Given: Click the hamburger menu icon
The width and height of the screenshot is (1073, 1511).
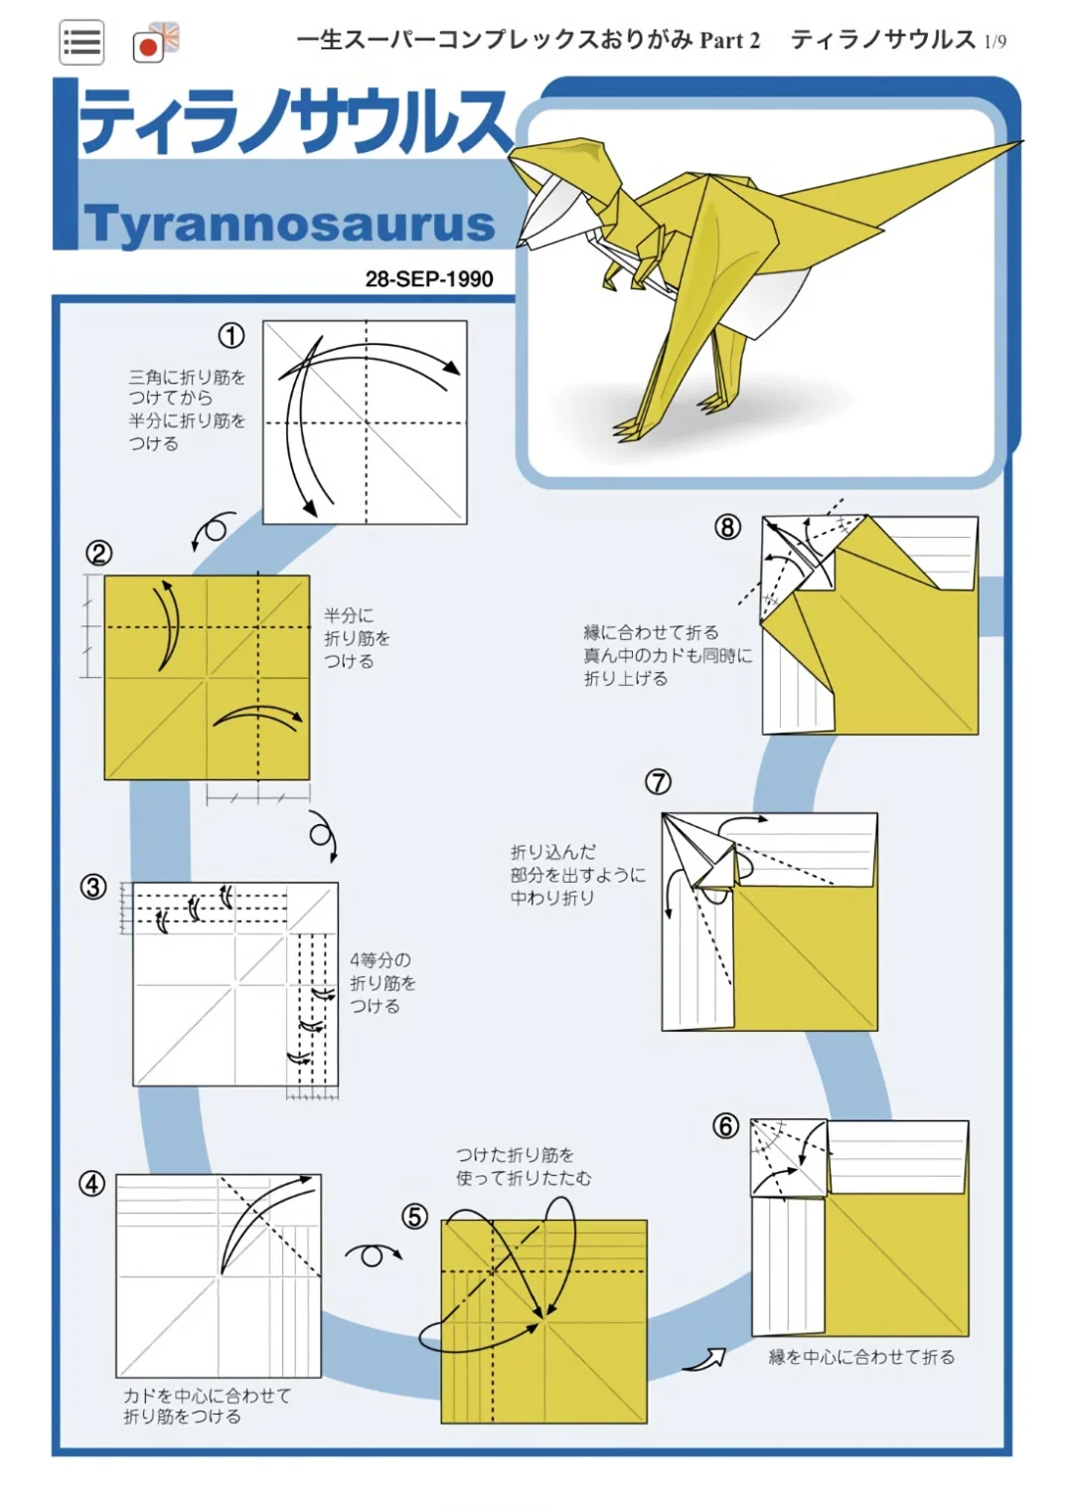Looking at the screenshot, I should point(81,43).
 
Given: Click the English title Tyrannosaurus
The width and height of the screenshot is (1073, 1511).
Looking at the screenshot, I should point(289,224).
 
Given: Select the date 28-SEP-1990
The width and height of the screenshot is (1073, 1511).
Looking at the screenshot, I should point(428,279).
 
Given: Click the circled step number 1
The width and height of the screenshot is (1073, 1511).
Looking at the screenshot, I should point(231,336).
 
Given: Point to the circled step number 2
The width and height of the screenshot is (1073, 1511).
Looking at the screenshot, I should point(98,554).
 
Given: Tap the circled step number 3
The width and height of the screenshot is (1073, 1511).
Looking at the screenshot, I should point(93,887).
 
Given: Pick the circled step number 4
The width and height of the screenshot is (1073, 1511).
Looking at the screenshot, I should point(92,1184).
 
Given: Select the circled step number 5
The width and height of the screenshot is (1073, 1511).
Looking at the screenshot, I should point(414,1217).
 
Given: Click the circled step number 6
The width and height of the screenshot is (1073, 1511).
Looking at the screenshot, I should point(726,1126).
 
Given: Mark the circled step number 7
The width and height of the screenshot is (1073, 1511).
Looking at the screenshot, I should point(658,782).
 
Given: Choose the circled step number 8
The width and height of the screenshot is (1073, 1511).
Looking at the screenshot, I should point(727,527).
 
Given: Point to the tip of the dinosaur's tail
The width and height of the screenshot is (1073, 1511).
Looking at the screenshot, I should point(1018,145).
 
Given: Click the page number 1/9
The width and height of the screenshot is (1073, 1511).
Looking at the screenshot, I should point(995,42).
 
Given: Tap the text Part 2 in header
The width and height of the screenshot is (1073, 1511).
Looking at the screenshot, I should point(730,41).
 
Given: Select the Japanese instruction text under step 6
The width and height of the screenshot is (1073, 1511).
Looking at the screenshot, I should point(861,1358).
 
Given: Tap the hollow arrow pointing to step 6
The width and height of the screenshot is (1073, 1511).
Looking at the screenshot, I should point(705,1359).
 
